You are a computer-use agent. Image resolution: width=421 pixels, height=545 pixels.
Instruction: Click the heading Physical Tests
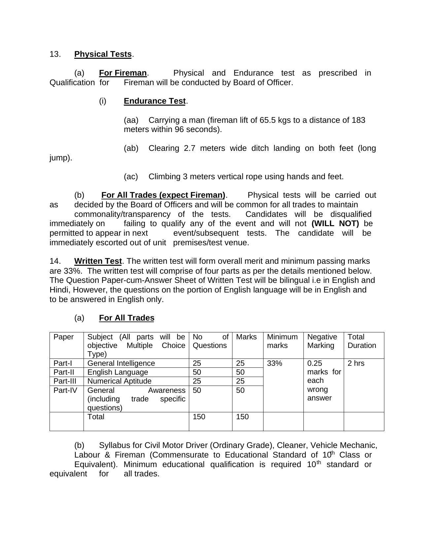103,54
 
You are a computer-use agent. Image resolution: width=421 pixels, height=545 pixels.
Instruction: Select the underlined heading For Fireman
123,73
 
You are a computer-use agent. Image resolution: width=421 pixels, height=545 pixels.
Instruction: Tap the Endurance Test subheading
155,101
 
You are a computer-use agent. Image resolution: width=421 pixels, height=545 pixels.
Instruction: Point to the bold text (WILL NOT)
335,224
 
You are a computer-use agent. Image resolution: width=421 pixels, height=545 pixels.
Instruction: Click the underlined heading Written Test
98,261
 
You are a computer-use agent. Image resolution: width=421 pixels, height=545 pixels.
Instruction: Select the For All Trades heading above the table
126,318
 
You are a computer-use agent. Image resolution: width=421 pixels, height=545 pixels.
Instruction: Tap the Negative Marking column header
322,341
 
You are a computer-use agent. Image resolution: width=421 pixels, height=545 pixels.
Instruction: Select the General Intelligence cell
121,363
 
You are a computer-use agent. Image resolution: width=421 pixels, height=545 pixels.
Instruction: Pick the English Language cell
118,372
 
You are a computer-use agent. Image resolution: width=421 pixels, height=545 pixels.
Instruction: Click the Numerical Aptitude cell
119,381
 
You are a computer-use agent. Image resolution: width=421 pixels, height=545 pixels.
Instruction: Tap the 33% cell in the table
274,363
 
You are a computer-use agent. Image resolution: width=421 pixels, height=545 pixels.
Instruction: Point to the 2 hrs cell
356,363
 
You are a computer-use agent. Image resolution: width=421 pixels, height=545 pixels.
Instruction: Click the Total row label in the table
96,417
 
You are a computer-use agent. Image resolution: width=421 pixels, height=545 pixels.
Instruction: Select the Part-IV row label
65,391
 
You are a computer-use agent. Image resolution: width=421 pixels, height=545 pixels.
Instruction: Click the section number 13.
55,54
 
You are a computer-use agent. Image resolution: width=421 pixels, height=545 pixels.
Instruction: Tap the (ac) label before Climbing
131,177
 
